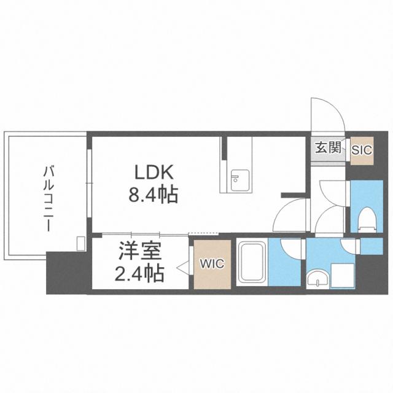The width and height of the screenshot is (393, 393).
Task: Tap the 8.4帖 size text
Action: click(153, 195)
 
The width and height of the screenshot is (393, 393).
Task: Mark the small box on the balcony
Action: click(80, 243)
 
